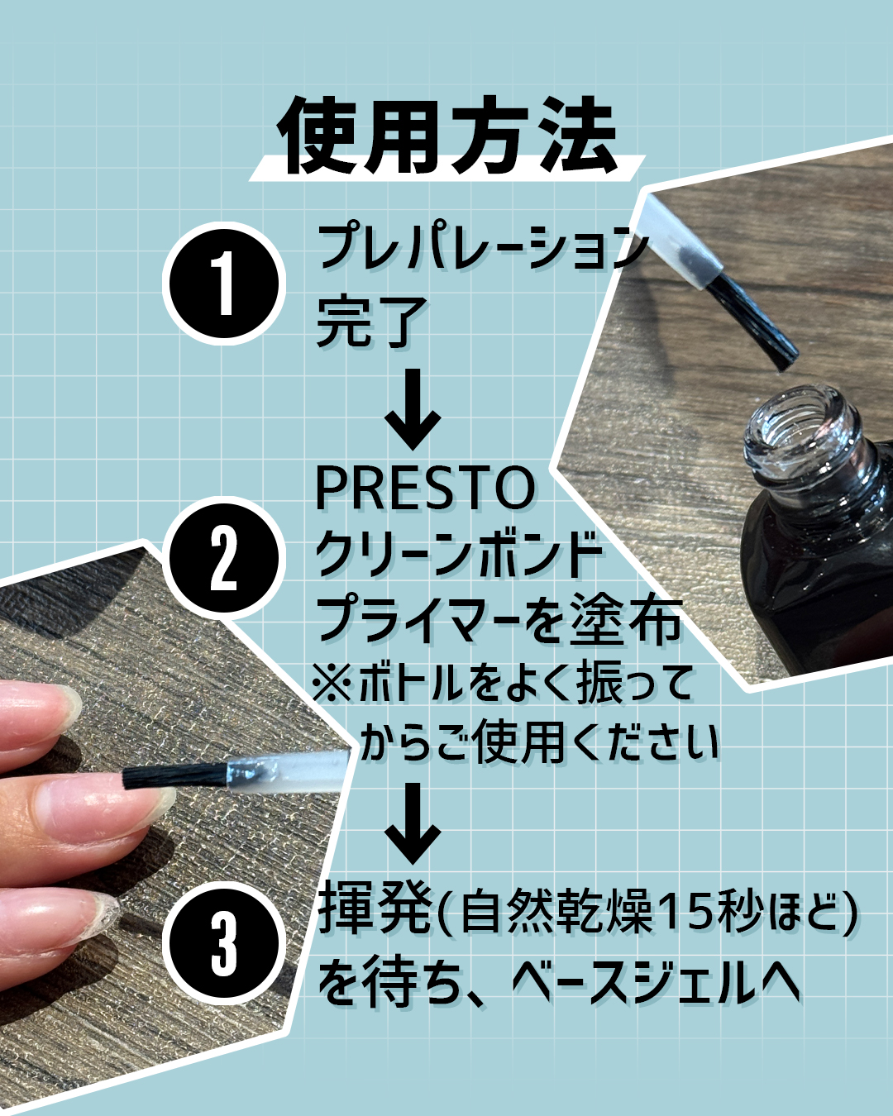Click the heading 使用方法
point(446,136)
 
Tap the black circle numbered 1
point(224,284)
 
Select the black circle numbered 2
point(224,558)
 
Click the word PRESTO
point(424,488)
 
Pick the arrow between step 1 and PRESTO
point(413,408)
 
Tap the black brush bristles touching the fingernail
point(174,775)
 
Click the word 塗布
point(626,620)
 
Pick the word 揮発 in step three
point(374,910)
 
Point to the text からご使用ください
point(540,742)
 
